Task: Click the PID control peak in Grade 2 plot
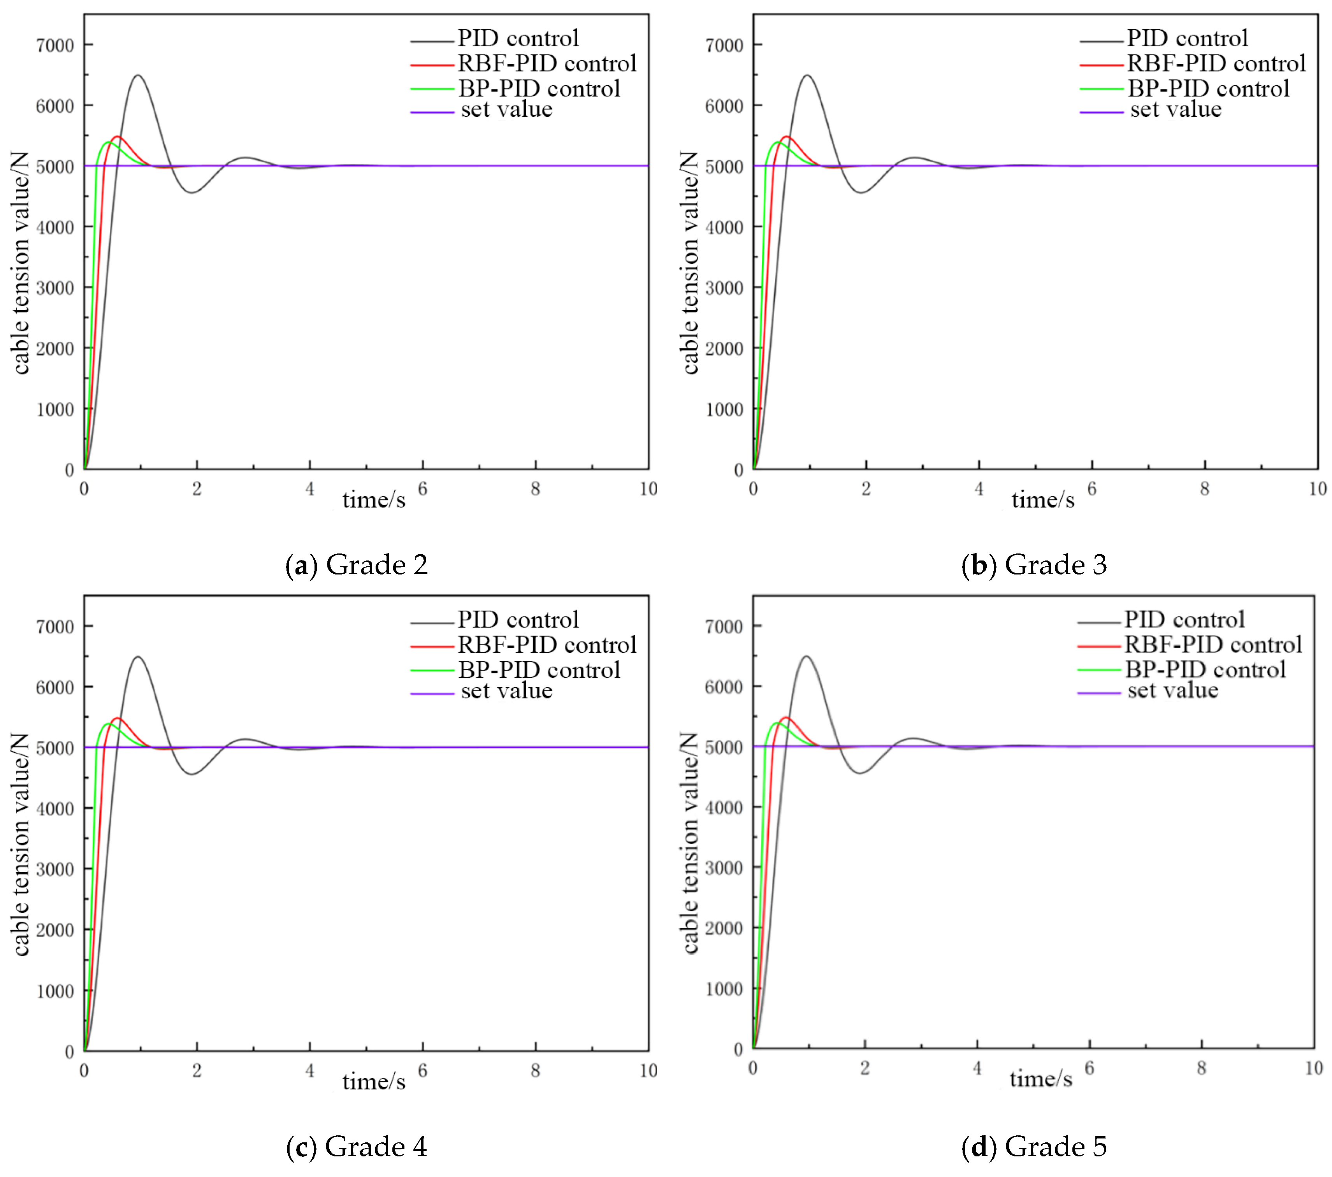pyautogui.click(x=137, y=76)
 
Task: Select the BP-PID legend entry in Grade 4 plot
pyautogui.click(x=539, y=669)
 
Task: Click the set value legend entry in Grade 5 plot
pyautogui.click(x=1172, y=690)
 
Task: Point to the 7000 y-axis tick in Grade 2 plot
pyautogui.click(x=55, y=46)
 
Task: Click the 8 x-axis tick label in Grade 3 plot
pyautogui.click(x=1204, y=489)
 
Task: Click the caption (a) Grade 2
pyautogui.click(x=357, y=564)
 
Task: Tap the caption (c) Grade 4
pyautogui.click(x=357, y=1146)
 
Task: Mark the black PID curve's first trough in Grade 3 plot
pyautogui.click(x=861, y=192)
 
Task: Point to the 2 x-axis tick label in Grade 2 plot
pyautogui.click(x=197, y=489)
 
